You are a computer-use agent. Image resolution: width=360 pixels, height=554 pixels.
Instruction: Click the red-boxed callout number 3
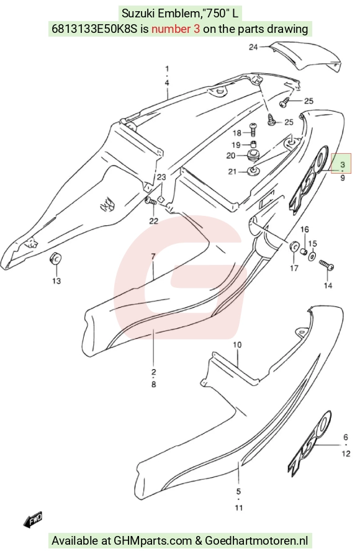(x=343, y=164)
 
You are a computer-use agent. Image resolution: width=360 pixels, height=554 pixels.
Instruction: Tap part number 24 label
(x=253, y=47)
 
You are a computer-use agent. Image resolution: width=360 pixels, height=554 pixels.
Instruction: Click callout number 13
(x=56, y=281)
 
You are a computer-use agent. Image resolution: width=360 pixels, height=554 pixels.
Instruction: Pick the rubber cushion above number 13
(x=55, y=259)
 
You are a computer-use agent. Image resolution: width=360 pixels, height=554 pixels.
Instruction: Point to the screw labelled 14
(x=326, y=265)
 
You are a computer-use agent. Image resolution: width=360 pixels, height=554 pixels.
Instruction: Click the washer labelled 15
(x=312, y=256)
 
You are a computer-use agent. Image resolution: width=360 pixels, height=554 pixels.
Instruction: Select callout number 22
(x=153, y=221)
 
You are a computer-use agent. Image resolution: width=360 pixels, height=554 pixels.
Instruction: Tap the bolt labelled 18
(x=253, y=129)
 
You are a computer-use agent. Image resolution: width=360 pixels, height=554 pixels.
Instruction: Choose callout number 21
(x=232, y=172)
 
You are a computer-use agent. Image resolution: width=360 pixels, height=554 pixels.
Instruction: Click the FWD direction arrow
(x=33, y=520)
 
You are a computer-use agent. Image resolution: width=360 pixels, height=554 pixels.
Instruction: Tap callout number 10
(x=237, y=344)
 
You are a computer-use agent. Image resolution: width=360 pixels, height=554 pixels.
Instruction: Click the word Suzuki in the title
(x=138, y=14)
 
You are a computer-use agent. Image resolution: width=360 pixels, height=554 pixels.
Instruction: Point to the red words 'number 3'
(x=176, y=29)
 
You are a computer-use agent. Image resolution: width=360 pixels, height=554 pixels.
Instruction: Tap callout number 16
(x=305, y=230)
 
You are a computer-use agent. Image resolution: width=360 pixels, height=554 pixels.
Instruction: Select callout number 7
(x=153, y=256)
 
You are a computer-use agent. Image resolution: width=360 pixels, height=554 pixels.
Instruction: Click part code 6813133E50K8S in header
(x=94, y=29)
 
